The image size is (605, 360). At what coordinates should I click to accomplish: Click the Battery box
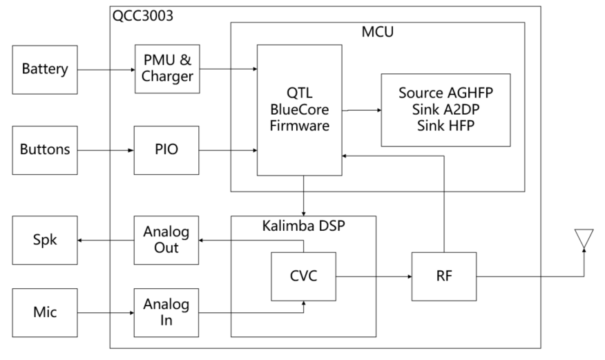pos(45,69)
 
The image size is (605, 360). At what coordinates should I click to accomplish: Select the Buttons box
pos(45,149)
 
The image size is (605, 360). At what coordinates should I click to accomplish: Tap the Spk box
pos(45,240)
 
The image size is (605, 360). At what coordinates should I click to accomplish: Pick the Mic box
pos(45,312)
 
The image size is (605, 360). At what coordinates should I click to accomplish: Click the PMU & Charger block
pos(167,69)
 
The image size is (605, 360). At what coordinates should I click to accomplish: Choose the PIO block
pos(167,149)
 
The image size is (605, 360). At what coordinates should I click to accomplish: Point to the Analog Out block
pos(167,240)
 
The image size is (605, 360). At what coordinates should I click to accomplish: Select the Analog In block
pos(167,312)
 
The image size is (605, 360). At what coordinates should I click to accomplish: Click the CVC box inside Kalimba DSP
pos(303,276)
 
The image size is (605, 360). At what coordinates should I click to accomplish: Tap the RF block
pos(445,276)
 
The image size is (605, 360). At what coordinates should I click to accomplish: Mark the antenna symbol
pos(584,238)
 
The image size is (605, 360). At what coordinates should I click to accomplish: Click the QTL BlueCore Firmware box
pos(299,109)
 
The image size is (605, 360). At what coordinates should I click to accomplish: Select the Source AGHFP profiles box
pos(445,109)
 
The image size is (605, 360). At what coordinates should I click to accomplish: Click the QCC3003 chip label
pos(142,16)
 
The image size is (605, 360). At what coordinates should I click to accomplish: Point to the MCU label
pos(377,32)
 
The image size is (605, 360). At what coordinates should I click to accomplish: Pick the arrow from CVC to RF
pos(373,276)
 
